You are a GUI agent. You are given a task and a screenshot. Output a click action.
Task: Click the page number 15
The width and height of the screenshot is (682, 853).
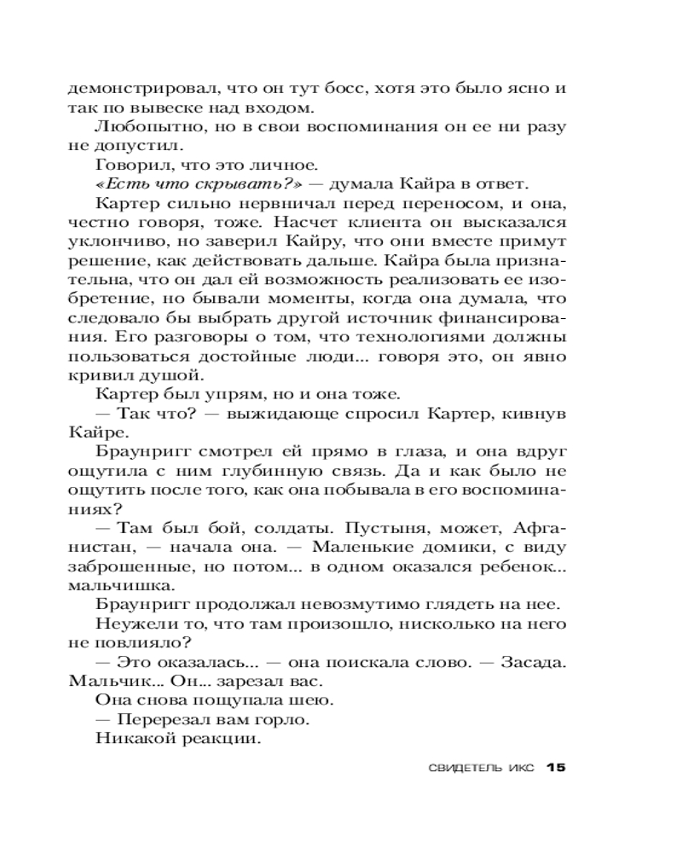pyautogui.click(x=555, y=767)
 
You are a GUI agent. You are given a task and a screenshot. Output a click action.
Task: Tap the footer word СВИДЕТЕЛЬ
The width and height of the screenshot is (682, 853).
pyautogui.click(x=460, y=768)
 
